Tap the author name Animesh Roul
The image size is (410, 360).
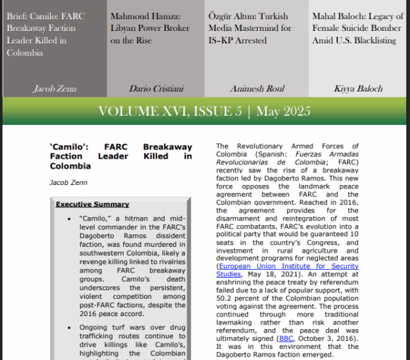pyautogui.click(x=256, y=88)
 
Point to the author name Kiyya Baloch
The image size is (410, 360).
pyautogui.click(x=358, y=88)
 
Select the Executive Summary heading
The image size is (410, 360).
pyautogui.click(x=92, y=204)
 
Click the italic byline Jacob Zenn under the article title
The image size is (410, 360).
pyautogui.click(x=67, y=182)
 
